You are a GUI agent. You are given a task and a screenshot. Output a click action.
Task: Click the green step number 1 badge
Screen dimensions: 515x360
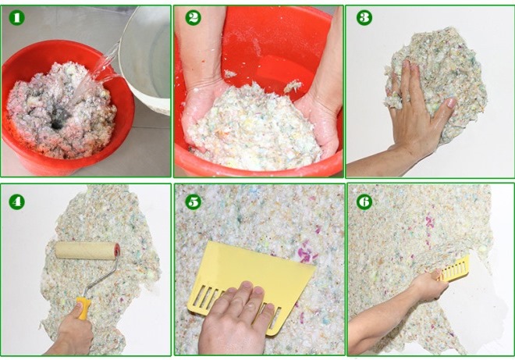(x=16, y=17)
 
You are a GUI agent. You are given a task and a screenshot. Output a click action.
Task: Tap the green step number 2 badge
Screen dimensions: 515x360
(x=194, y=17)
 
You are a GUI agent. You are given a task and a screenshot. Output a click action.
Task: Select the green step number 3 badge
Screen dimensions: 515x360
(x=364, y=17)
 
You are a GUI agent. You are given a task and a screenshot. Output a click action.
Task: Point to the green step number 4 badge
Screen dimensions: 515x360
(x=16, y=201)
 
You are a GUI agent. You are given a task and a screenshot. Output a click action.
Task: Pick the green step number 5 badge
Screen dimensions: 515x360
(x=194, y=201)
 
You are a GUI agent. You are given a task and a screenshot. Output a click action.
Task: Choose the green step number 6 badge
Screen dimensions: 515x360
(x=364, y=201)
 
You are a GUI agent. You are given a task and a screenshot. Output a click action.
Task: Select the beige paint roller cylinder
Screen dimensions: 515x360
(x=85, y=250)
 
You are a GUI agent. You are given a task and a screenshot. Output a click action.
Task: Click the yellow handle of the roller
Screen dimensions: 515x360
(x=83, y=308)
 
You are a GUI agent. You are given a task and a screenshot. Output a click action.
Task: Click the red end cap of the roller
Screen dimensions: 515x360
(x=117, y=250)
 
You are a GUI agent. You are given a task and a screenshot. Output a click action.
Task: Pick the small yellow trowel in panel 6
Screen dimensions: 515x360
(x=454, y=269)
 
